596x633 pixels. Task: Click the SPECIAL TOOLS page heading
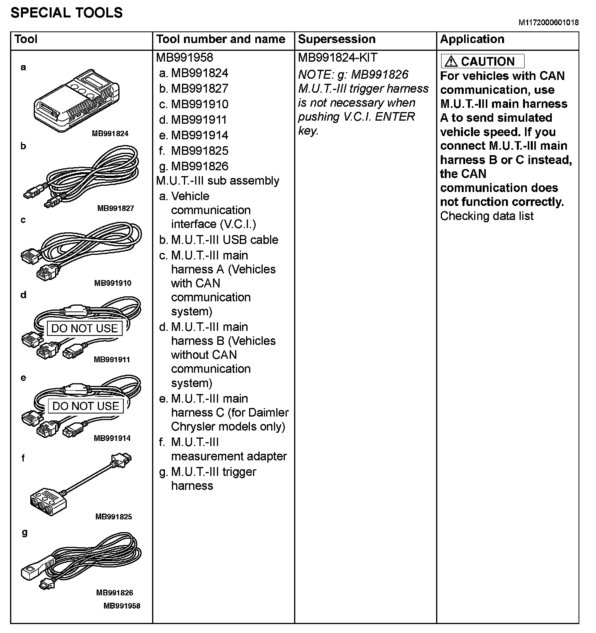[x=66, y=13]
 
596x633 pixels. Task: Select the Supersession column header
[x=336, y=39]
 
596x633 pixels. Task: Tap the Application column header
[x=472, y=39]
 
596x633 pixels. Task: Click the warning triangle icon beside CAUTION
[x=451, y=61]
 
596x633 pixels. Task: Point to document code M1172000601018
[x=548, y=22]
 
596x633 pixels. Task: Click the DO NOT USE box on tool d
[x=85, y=328]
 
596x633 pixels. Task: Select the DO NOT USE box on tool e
[x=85, y=406]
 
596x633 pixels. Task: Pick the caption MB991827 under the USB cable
[x=116, y=208]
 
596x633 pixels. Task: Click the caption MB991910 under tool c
[x=113, y=283]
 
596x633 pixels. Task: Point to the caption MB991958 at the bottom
[x=121, y=606]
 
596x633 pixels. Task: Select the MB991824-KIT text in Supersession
[x=337, y=58]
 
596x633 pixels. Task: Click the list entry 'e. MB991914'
[x=194, y=135]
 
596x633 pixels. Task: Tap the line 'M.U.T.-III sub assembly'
[x=217, y=181]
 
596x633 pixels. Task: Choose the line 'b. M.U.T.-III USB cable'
[x=218, y=240]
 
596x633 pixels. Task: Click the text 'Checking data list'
[x=487, y=216]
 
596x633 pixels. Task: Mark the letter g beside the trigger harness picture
[x=24, y=533]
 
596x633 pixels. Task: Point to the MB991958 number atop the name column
[x=185, y=58]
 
